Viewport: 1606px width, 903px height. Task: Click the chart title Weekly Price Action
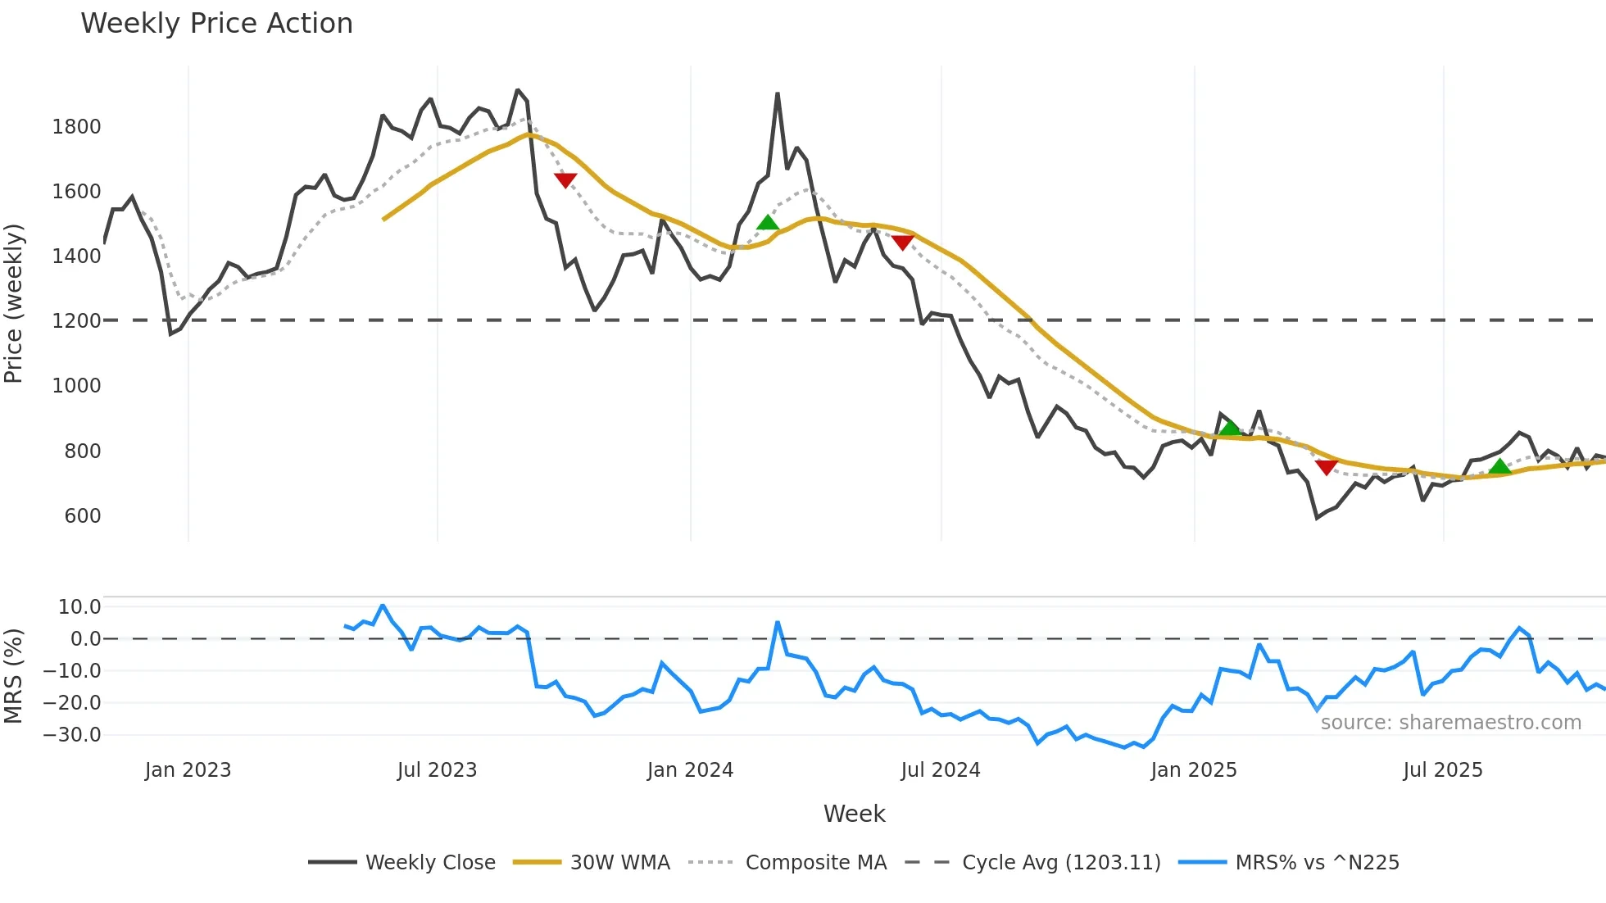click(x=216, y=24)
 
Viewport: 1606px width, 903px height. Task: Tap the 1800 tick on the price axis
click(x=76, y=126)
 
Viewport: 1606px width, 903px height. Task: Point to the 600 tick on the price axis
click(x=82, y=515)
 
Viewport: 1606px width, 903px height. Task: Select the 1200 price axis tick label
click(x=76, y=320)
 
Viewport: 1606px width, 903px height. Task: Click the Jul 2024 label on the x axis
click(x=940, y=770)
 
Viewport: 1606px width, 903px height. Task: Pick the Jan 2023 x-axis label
click(x=188, y=770)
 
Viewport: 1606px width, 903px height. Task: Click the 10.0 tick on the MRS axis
click(x=79, y=607)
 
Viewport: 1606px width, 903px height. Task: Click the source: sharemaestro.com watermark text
click(x=1450, y=723)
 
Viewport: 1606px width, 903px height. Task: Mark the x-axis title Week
click(x=854, y=814)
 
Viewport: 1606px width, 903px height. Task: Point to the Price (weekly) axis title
click(x=14, y=303)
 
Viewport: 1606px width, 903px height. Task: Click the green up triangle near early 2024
click(x=768, y=222)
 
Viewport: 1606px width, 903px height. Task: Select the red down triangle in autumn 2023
click(x=565, y=179)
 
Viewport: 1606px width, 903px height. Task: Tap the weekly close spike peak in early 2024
click(x=778, y=94)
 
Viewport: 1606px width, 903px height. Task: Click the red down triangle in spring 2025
click(x=1327, y=467)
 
